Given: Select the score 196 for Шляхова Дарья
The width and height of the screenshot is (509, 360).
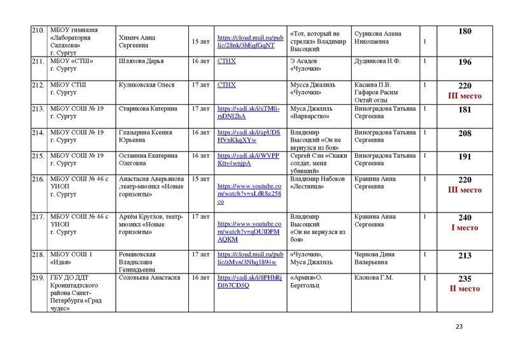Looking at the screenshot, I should click(464, 62).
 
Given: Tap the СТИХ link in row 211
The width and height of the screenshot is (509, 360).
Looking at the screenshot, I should click(227, 62).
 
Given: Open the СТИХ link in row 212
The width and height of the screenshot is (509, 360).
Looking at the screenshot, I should click(227, 85).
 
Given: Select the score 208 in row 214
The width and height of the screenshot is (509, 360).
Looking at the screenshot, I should click(464, 134).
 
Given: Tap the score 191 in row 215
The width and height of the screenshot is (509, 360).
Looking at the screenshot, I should click(464, 157).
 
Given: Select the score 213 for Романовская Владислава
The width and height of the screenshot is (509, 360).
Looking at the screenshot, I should click(464, 256).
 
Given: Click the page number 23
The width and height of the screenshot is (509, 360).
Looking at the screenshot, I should click(459, 327).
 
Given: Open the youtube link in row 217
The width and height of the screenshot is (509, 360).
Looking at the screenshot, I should click(249, 232).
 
